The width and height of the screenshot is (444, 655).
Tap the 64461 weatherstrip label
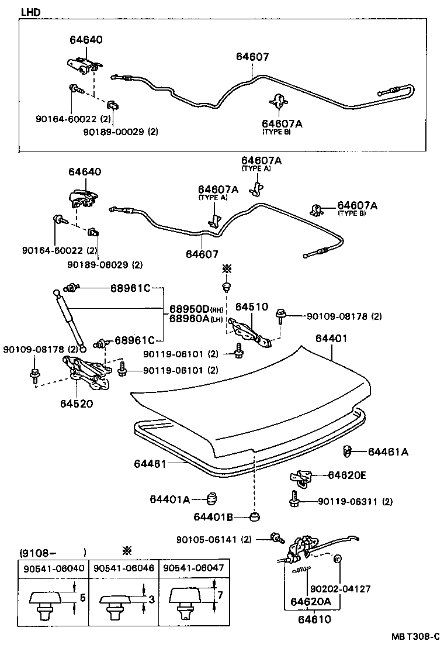[150, 463]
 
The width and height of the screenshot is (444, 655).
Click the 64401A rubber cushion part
[212, 500]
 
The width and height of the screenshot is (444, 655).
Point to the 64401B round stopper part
[254, 517]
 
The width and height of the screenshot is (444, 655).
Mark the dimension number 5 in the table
[82, 598]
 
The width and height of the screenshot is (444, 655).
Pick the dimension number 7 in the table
[220, 595]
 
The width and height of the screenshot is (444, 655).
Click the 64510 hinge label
[251, 306]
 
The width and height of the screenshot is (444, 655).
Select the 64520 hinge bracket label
[76, 403]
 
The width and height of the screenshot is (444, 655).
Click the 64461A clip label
[388, 451]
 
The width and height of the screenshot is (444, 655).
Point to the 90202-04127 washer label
[339, 589]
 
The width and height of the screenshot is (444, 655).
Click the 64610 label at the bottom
[314, 619]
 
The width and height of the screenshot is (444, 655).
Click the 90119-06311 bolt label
[355, 501]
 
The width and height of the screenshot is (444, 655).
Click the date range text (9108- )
[53, 552]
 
